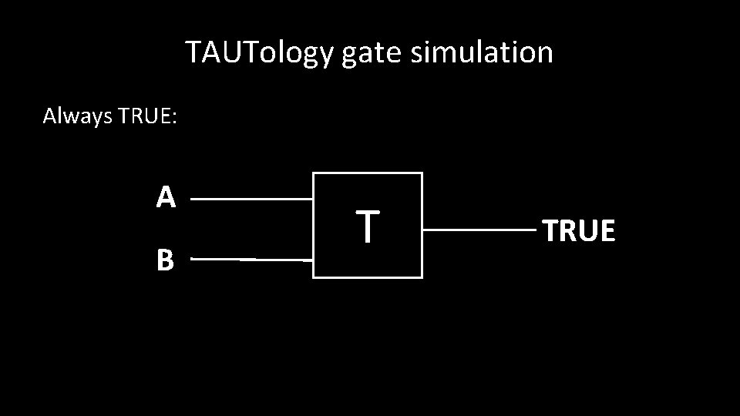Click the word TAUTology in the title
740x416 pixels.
(259, 53)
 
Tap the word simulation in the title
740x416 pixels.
(482, 52)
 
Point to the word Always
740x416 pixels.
(77, 116)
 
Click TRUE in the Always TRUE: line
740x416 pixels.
(144, 116)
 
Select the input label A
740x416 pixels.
(166, 198)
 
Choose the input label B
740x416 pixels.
(165, 260)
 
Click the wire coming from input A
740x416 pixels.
(251, 199)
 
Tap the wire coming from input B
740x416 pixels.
(251, 260)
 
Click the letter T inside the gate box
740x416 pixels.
(368, 226)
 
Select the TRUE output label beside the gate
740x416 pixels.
(579, 230)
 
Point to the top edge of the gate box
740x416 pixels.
(368, 173)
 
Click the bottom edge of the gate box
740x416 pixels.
(368, 277)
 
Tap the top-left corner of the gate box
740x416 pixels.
(314, 173)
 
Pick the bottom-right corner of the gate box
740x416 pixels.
(422, 277)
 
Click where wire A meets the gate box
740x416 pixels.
(313, 199)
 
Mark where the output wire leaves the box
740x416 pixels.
(423, 230)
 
